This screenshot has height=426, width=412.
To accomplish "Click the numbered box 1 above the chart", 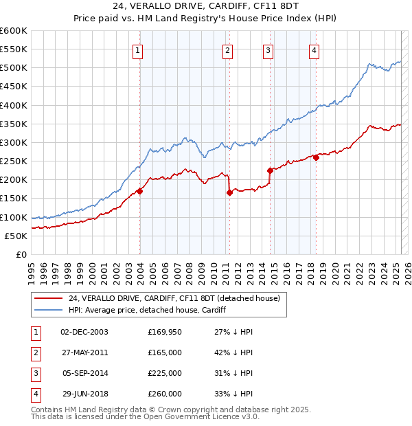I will tap(138, 49).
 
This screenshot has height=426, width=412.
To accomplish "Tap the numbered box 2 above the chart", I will tap(227, 49).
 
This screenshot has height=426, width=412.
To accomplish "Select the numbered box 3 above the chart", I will tap(268, 49).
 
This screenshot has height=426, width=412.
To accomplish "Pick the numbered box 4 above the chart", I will tap(313, 49).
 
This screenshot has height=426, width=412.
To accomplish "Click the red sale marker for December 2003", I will tap(139, 191).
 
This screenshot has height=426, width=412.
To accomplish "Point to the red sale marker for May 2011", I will tap(229, 193).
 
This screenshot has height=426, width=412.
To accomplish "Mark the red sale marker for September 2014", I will tap(270, 170).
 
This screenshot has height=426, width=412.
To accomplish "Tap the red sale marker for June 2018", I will tap(316, 157).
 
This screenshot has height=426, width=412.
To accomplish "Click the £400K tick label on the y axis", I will tap(13, 105).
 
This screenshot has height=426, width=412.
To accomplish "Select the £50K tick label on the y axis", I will tap(16, 236).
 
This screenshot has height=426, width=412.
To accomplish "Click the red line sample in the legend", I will tap(48, 299).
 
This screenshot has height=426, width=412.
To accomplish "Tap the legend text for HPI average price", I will tap(147, 311).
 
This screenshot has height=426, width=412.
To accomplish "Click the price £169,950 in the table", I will tap(165, 331).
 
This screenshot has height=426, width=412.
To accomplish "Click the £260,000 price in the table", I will tap(165, 394).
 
